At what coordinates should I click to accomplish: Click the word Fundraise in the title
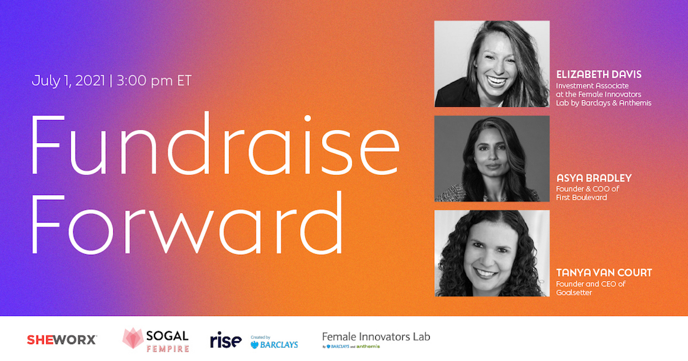click(215, 144)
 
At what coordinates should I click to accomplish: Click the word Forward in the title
click(186, 223)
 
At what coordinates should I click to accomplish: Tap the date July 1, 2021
click(68, 81)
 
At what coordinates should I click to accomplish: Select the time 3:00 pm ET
click(154, 81)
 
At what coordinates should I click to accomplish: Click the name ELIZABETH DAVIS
click(599, 74)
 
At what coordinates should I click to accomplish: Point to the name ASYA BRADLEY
click(594, 178)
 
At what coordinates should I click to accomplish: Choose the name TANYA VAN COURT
click(604, 272)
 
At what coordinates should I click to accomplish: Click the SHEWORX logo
click(62, 340)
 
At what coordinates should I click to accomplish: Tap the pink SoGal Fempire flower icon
click(133, 339)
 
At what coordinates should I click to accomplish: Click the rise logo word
click(226, 340)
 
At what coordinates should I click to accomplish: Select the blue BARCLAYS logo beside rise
click(274, 344)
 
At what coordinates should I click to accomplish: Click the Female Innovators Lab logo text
click(376, 337)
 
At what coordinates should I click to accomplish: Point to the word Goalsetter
click(574, 292)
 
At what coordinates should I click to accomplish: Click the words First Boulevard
click(582, 197)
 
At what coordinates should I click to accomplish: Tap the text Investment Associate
click(592, 86)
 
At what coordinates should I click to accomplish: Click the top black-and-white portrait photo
click(492, 64)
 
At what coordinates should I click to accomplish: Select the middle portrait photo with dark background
click(492, 159)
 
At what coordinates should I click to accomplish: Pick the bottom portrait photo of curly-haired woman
click(492, 253)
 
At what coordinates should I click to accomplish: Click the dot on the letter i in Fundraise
click(308, 118)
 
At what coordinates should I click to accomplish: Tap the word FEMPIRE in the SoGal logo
click(168, 349)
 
